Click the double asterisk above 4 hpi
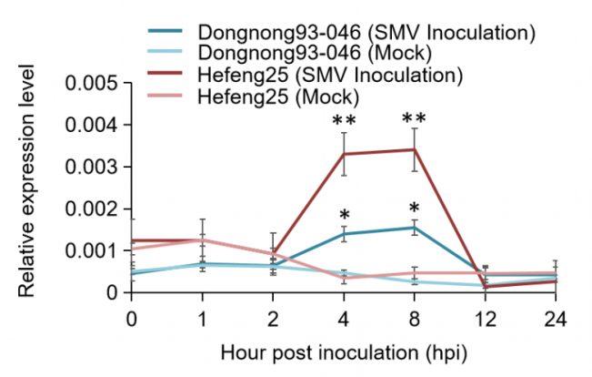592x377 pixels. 344,121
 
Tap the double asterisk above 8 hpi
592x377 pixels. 414,119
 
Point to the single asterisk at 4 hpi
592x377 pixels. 345,216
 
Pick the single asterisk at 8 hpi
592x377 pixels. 414,209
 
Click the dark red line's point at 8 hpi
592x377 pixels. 414,149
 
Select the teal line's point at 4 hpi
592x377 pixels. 344,234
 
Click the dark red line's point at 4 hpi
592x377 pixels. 344,154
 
